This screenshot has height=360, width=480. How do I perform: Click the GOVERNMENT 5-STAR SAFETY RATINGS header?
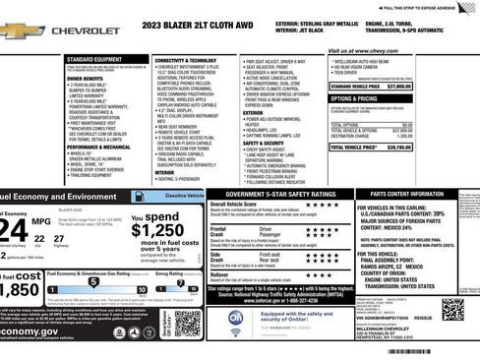click(270, 195)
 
